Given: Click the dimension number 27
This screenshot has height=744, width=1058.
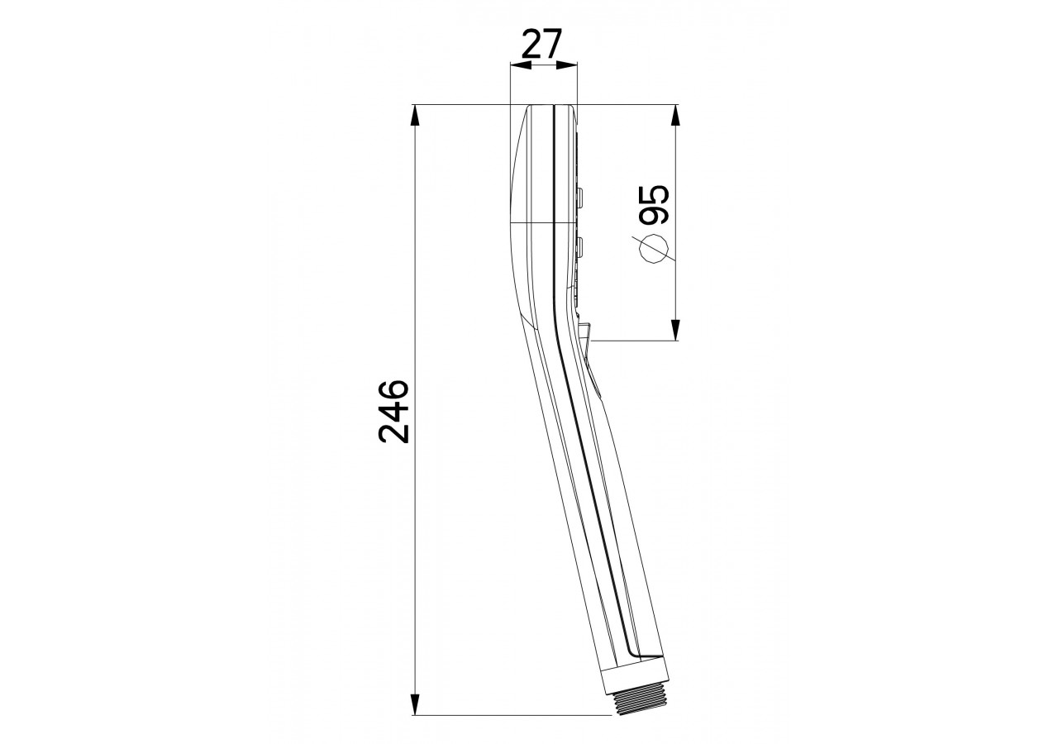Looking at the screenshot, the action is pos(541,44).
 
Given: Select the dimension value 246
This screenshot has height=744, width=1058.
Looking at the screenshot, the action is pos(393,412).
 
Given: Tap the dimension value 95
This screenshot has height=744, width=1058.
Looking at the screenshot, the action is pos(654,204).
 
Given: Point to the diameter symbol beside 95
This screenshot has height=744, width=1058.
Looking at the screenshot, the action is pos(655,249).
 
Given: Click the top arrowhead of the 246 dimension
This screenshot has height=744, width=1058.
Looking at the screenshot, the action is pos(415,115).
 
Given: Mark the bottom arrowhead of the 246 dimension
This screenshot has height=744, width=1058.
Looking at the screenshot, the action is pos(415,704).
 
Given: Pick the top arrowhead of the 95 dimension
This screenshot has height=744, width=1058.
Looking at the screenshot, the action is pos(675,115).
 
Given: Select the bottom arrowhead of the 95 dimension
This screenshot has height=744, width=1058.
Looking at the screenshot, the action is pos(675,330).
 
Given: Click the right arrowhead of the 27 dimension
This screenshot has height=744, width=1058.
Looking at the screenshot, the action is pos(567,65).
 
